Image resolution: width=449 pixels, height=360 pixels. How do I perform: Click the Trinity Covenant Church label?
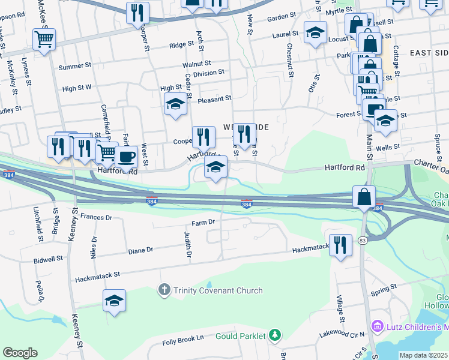click(218, 290)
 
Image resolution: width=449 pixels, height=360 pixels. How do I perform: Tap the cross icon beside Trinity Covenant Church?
click(164, 290)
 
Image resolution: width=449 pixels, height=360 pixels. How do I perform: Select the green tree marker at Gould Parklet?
click(274, 335)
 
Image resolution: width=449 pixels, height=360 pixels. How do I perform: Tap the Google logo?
click(20, 353)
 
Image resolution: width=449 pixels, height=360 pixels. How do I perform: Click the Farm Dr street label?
click(203, 222)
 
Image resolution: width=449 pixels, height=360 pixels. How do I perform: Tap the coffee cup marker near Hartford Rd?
click(126, 157)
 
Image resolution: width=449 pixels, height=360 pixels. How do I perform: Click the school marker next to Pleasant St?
click(175, 104)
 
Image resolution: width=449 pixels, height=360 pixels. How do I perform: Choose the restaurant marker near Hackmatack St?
click(340, 245)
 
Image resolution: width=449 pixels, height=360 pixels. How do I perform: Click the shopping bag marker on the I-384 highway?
click(364, 197)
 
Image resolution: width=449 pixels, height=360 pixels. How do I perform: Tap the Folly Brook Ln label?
click(183, 340)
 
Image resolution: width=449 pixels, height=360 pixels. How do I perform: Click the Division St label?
click(209, 72)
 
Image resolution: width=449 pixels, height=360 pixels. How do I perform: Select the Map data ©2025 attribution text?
click(424, 355)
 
